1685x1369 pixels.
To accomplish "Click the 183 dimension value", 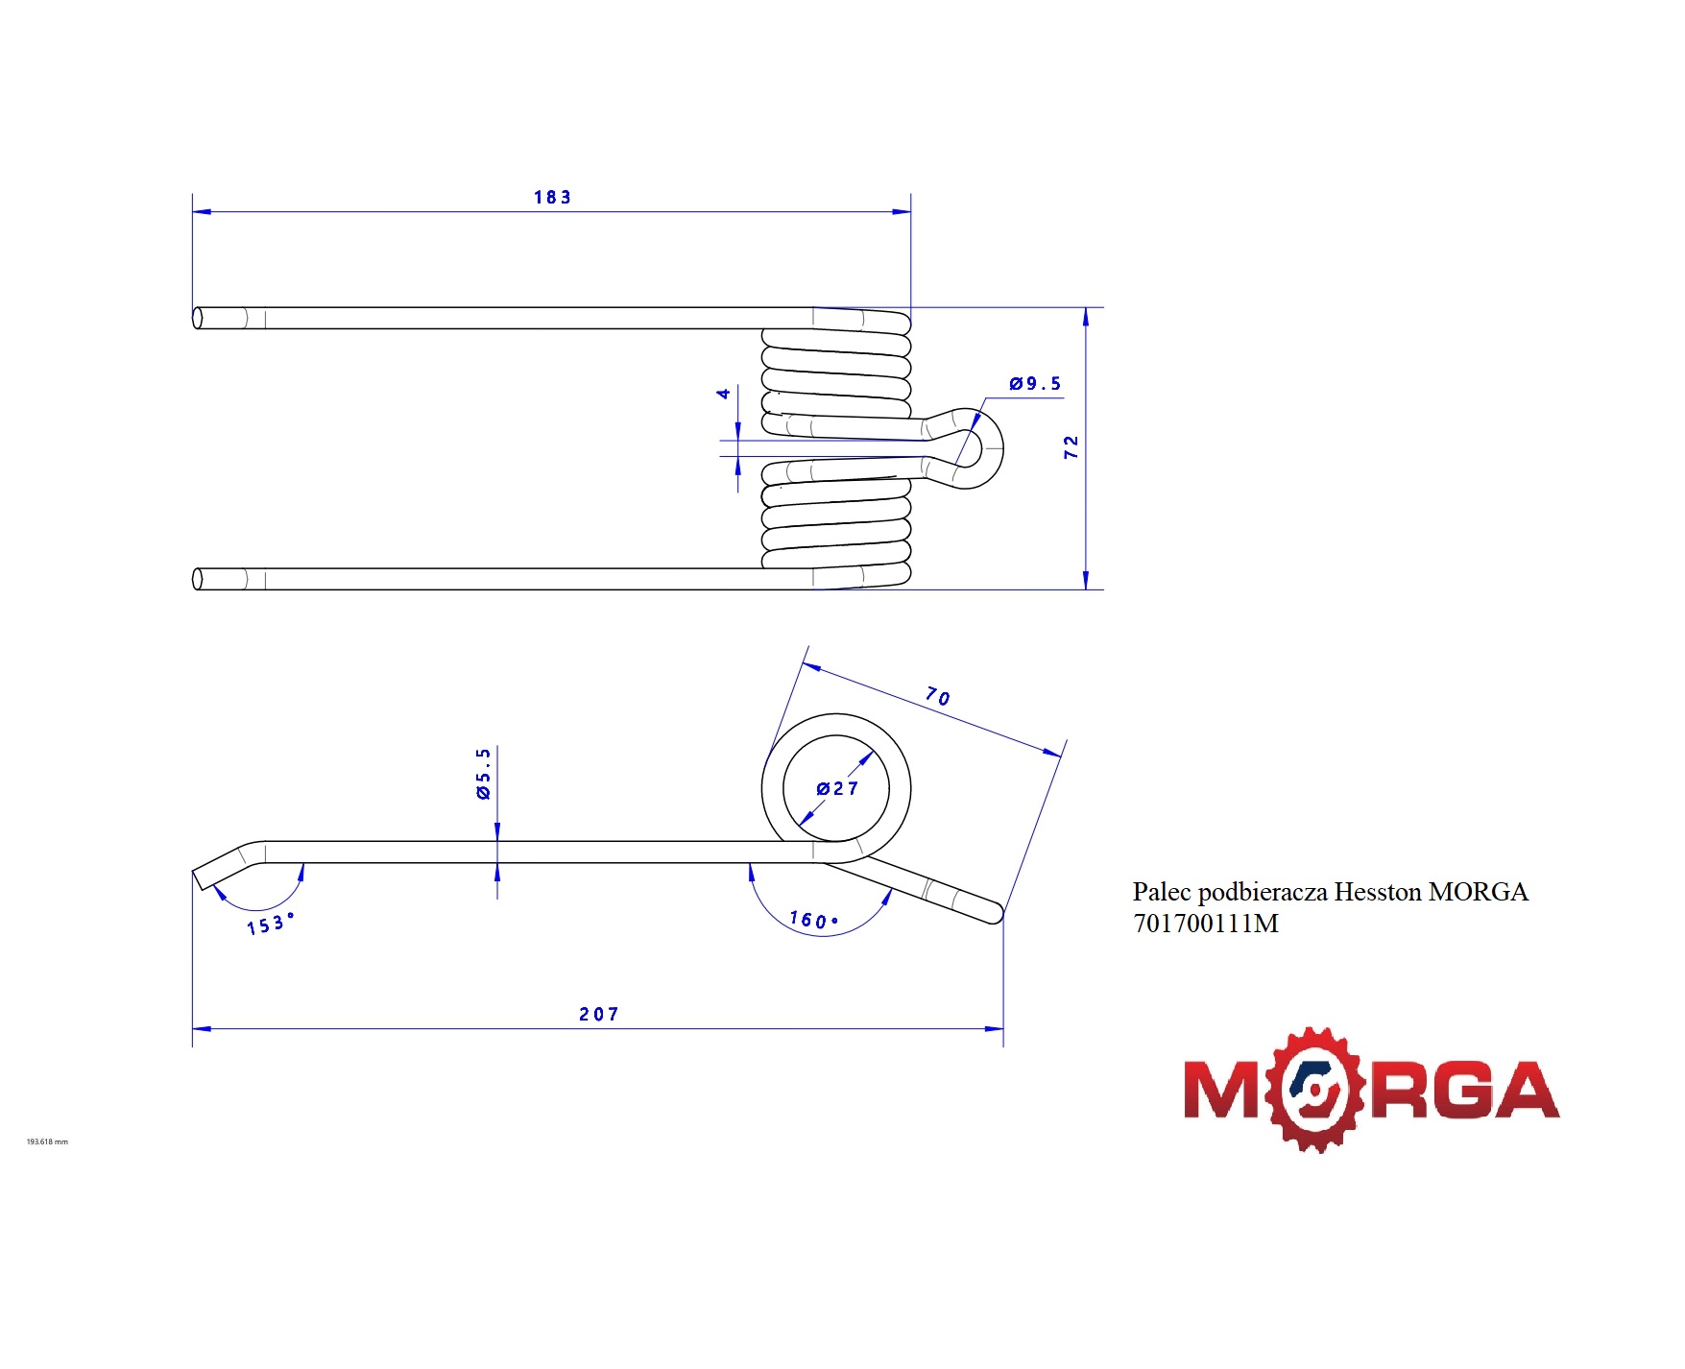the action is coord(552,197).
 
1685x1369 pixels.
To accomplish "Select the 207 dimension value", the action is coord(599,1014).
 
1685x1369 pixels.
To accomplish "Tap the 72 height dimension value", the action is coord(1071,447).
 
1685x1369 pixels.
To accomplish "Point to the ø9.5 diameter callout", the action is coord(1035,383).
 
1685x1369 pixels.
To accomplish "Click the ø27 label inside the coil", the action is coord(837,788).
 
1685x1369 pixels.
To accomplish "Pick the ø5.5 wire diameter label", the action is coord(483,773).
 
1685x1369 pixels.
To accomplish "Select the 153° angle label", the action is coord(270,924).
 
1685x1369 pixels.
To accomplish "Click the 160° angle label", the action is coord(813,920).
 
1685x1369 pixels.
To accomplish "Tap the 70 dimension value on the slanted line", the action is coord(938,696).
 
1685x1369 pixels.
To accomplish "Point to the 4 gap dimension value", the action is coord(724,393).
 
